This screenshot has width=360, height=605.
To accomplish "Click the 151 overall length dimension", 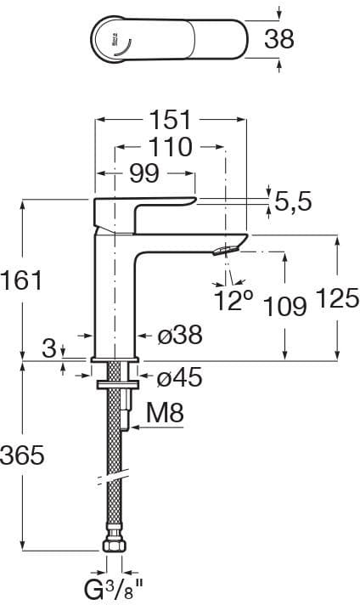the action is click(x=170, y=119).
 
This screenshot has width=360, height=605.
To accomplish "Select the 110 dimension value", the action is click(x=170, y=147).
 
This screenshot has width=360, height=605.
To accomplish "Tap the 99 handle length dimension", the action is click(x=143, y=173).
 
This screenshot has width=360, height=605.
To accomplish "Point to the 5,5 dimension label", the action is click(x=293, y=201).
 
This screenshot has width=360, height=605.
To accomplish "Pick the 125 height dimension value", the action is click(x=338, y=298).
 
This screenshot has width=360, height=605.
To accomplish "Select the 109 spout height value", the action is click(x=285, y=307).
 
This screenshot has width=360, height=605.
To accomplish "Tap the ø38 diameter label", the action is click(x=180, y=335).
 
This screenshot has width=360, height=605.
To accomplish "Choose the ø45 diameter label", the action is click(x=180, y=376).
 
